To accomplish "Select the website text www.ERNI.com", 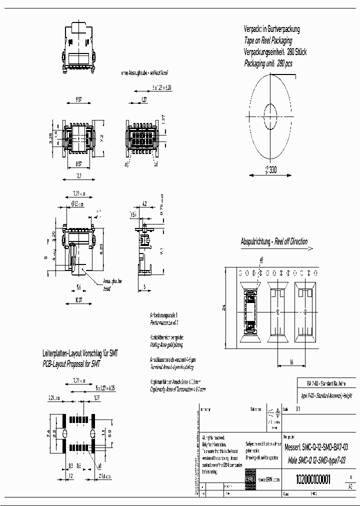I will tap(269, 479).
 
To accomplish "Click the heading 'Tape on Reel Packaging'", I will tap(268, 40).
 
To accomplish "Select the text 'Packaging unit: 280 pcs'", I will tap(268, 63).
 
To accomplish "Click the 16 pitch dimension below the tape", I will tap(290, 361).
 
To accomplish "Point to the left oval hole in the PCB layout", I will tap(65, 432).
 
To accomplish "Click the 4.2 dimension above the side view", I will tap(144, 203).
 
